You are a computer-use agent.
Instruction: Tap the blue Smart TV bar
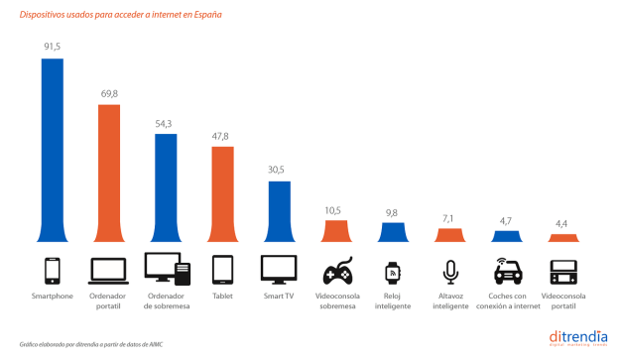click(280, 210)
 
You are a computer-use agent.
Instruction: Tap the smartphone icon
click(52, 271)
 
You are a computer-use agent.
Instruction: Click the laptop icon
click(108, 271)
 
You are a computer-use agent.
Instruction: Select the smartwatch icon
click(394, 271)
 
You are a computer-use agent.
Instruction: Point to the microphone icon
click(450, 271)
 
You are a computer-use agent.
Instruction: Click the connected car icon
click(507, 271)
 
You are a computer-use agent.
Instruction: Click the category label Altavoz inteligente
click(450, 300)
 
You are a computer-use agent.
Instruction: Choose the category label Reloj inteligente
click(394, 300)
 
